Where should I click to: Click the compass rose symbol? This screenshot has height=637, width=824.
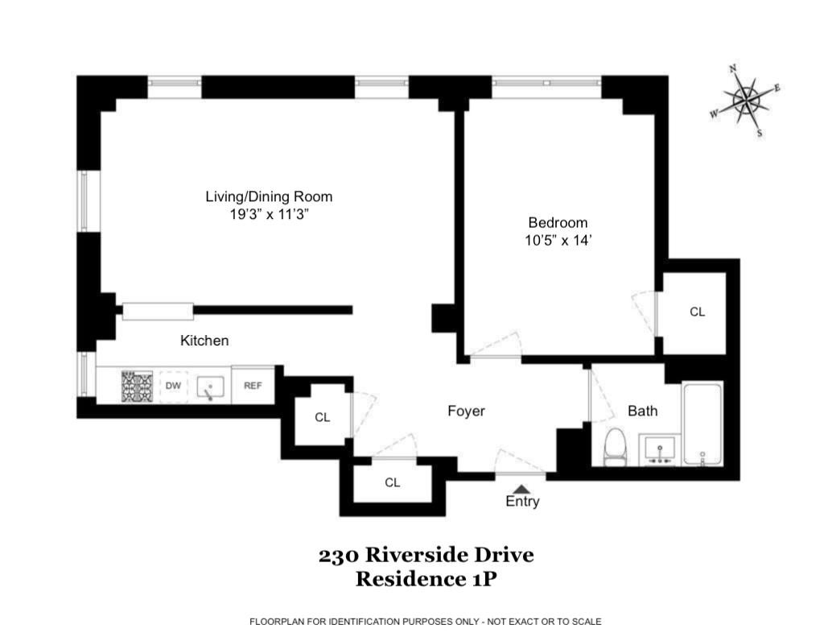(746, 101)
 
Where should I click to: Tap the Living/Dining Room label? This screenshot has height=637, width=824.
(269, 196)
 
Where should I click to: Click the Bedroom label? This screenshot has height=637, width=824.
(558, 222)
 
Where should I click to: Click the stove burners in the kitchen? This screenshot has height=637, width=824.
(137, 387)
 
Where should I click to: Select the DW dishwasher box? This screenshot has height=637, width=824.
(173, 386)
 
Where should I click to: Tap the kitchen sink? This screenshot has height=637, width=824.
(210, 387)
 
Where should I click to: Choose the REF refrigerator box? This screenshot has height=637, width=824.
(253, 386)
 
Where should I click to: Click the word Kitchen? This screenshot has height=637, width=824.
(204, 341)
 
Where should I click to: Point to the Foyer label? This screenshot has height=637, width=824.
(466, 412)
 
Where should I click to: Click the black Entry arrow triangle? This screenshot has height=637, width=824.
(521, 488)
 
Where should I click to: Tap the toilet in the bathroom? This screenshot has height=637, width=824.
(616, 447)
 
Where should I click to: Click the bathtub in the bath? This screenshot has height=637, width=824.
(702, 424)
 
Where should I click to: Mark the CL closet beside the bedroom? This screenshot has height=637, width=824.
(697, 312)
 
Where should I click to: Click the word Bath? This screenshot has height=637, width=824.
(642, 412)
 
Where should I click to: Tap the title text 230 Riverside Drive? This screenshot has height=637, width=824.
(426, 555)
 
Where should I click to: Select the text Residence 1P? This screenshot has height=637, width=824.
(426, 578)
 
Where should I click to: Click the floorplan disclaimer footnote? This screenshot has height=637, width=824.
(426, 622)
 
